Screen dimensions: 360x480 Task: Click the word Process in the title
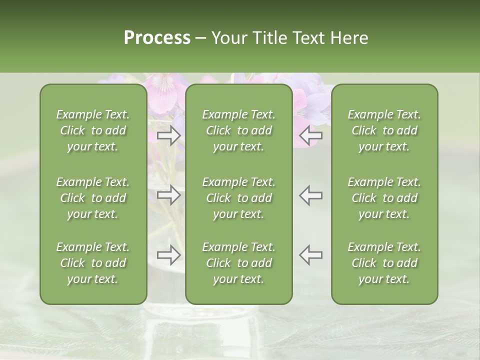click(x=157, y=38)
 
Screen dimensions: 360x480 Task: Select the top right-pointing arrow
click(x=169, y=135)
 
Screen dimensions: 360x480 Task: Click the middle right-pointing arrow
click(x=169, y=195)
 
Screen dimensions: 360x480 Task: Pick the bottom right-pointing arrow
click(x=169, y=255)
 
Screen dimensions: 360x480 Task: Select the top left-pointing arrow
click(x=310, y=135)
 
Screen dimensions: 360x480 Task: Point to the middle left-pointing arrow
click(x=310, y=195)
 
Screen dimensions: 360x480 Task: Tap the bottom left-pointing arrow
click(x=310, y=255)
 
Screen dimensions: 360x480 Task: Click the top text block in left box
click(x=93, y=130)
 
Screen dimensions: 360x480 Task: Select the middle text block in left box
click(x=93, y=198)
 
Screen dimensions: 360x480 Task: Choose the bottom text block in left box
click(x=93, y=263)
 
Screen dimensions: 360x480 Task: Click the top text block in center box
click(x=238, y=130)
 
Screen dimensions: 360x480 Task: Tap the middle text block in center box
click(x=238, y=198)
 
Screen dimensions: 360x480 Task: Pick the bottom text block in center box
click(x=238, y=263)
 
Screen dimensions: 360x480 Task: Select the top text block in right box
click(x=384, y=130)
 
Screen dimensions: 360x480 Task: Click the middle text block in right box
click(x=384, y=198)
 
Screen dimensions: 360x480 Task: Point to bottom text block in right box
click(x=384, y=263)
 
